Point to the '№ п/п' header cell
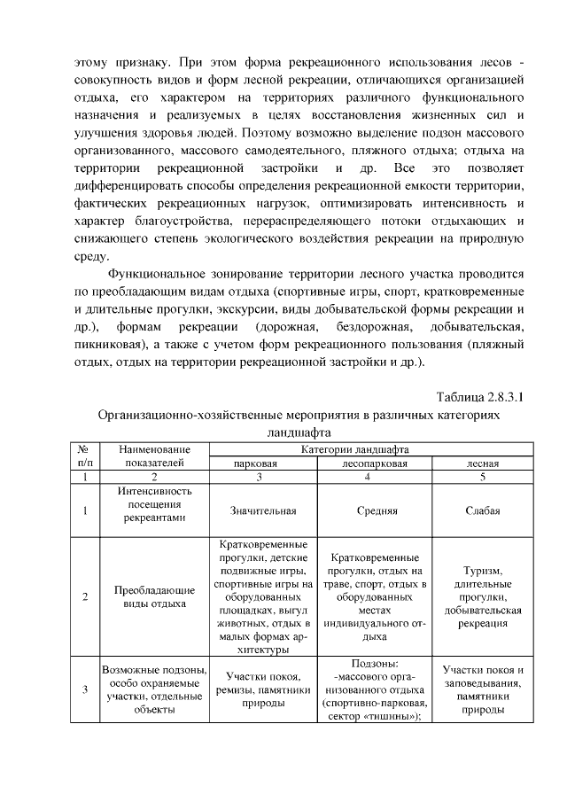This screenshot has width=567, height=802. pyautogui.click(x=85, y=456)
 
